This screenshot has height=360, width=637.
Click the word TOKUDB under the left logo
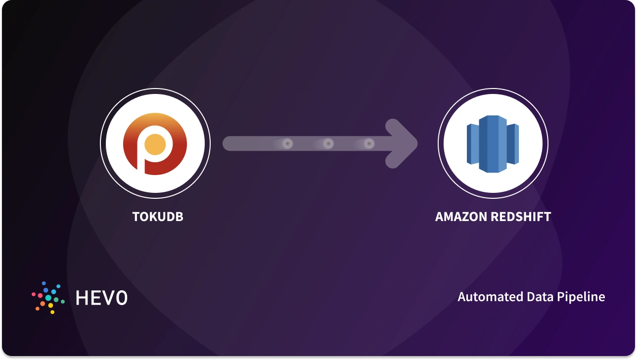tap(158, 217)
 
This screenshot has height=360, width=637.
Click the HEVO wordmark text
tap(101, 297)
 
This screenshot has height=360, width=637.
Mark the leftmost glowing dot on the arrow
tap(287, 144)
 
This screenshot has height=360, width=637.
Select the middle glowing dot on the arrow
tap(328, 144)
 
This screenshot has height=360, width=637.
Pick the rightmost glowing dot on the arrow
tap(369, 144)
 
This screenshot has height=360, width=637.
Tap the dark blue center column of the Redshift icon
tap(493, 144)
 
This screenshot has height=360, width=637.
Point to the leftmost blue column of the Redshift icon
tap(473, 144)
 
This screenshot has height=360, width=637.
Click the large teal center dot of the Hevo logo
tap(48, 298)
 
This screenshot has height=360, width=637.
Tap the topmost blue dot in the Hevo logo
tap(44, 283)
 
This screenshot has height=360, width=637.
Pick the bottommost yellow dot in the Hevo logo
tap(52, 312)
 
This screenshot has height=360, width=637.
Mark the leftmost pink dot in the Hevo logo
tap(34, 294)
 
